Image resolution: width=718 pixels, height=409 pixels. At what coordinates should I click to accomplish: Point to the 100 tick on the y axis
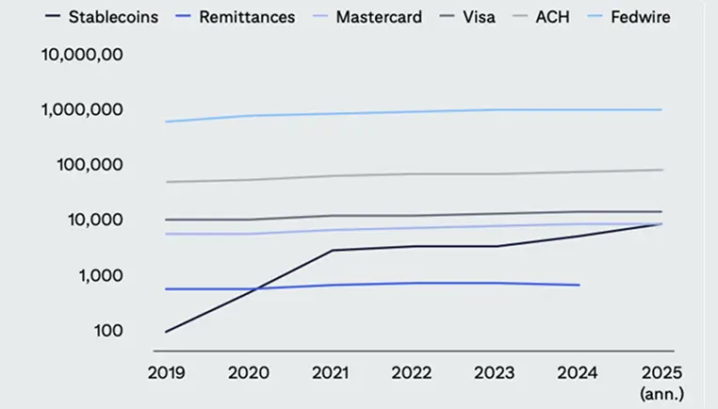tap(109, 331)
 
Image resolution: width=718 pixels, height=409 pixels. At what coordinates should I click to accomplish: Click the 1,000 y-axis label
tap(101, 275)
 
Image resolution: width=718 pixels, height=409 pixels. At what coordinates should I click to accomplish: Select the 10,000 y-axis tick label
tap(95, 220)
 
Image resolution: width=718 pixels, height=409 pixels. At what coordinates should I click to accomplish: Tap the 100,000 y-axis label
tap(91, 165)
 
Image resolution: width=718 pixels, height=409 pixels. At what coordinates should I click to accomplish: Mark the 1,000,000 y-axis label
tap(84, 109)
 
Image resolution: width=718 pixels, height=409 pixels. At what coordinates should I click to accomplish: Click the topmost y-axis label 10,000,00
tap(82, 54)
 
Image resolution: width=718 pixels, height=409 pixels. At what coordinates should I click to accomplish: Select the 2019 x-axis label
tap(166, 372)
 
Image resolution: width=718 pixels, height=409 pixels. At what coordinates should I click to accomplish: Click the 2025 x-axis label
tap(661, 372)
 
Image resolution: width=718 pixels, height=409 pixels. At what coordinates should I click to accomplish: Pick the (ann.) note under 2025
tap(661, 391)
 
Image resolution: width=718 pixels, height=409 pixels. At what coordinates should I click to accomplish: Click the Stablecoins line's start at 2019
tap(166, 332)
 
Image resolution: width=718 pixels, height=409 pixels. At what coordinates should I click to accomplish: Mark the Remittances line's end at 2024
tap(579, 285)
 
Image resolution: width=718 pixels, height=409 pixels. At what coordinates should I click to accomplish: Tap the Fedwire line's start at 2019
tap(166, 122)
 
